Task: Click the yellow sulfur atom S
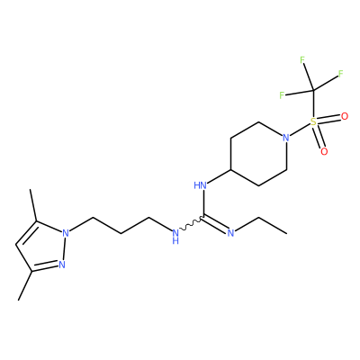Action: pyautogui.click(x=313, y=121)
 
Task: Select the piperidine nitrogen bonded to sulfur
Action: pyautogui.click(x=286, y=138)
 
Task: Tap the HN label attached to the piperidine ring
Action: pyautogui.click(x=200, y=185)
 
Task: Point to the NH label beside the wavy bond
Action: pyautogui.click(x=175, y=236)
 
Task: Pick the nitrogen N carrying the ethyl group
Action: pyautogui.click(x=230, y=233)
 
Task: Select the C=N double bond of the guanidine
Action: pyautogui.click(x=215, y=223)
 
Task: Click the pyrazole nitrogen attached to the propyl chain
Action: pyautogui.click(x=66, y=233)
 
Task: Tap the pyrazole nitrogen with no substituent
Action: pyautogui.click(x=62, y=265)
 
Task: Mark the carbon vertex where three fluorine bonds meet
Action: pyautogui.click(x=313, y=90)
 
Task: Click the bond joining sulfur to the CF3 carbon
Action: pyautogui.click(x=313, y=103)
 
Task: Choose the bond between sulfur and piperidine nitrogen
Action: pyautogui.click(x=300, y=130)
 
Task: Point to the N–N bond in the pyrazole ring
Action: pyautogui.click(x=64, y=248)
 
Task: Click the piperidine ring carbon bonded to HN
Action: pyautogui.click(x=230, y=170)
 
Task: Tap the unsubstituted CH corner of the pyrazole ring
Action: pyautogui.click(x=16, y=244)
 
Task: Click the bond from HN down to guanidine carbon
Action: pyautogui.click(x=203, y=203)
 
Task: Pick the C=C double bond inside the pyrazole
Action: pyautogui.click(x=26, y=232)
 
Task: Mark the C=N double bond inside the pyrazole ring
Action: pyautogui.click(x=45, y=267)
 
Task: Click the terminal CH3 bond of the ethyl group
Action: pyautogui.click(x=273, y=225)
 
